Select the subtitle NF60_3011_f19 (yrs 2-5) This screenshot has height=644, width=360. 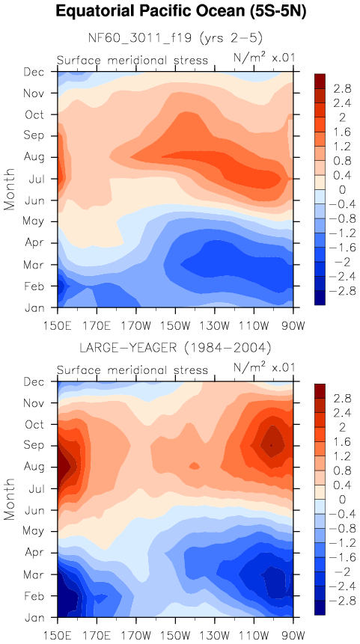click(x=175, y=38)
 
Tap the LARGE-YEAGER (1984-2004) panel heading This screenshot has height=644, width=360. click(x=175, y=349)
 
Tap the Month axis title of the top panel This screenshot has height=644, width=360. click(x=10, y=189)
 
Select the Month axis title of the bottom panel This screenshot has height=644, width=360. click(x=10, y=500)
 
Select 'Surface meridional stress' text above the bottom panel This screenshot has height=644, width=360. click(x=132, y=370)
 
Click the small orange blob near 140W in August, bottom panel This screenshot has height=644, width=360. click(x=195, y=465)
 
